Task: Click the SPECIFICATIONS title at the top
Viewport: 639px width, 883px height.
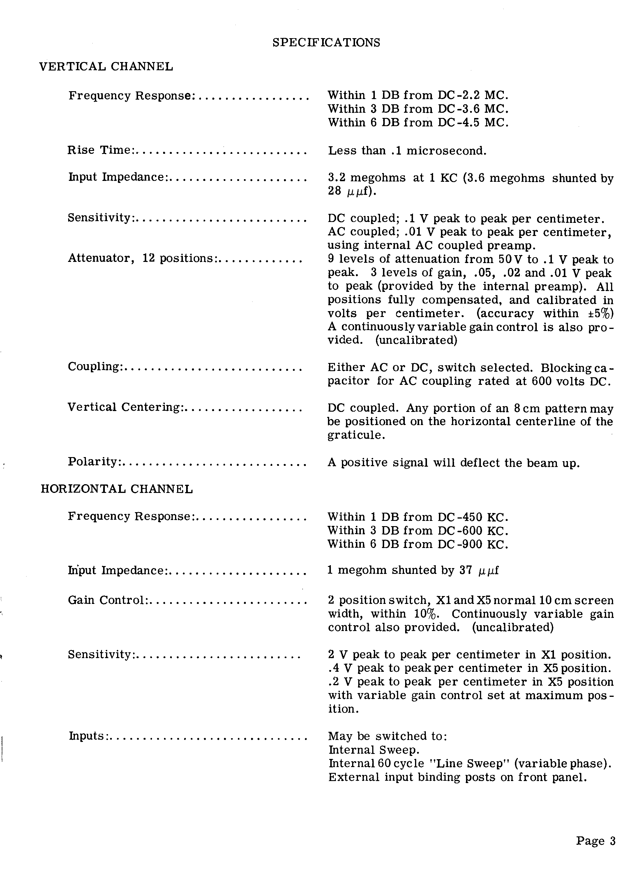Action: pyautogui.click(x=326, y=43)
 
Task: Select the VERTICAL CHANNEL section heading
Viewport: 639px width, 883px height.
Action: pyautogui.click(x=106, y=67)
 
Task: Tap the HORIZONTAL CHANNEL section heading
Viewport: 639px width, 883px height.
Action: pyautogui.click(x=117, y=489)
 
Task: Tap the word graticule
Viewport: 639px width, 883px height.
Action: pyautogui.click(x=356, y=435)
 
